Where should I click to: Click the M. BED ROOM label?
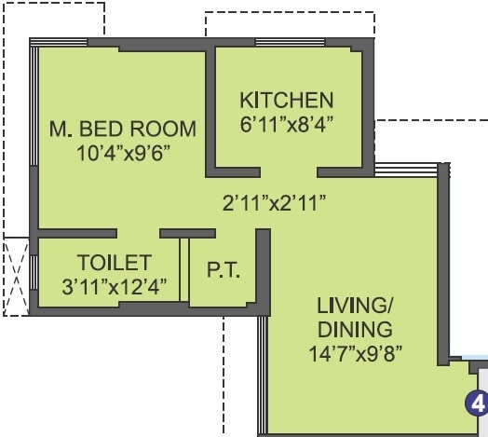(x=122, y=128)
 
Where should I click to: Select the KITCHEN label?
(x=286, y=100)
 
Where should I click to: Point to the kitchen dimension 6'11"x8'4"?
(x=286, y=122)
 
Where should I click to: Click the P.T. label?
(x=224, y=271)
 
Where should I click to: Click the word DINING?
(x=354, y=329)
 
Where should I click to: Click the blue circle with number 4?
(x=477, y=403)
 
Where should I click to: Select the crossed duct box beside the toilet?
(x=17, y=275)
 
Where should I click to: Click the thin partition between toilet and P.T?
(x=184, y=270)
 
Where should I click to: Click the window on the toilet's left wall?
(x=34, y=272)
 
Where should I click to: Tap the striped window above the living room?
(x=406, y=170)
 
